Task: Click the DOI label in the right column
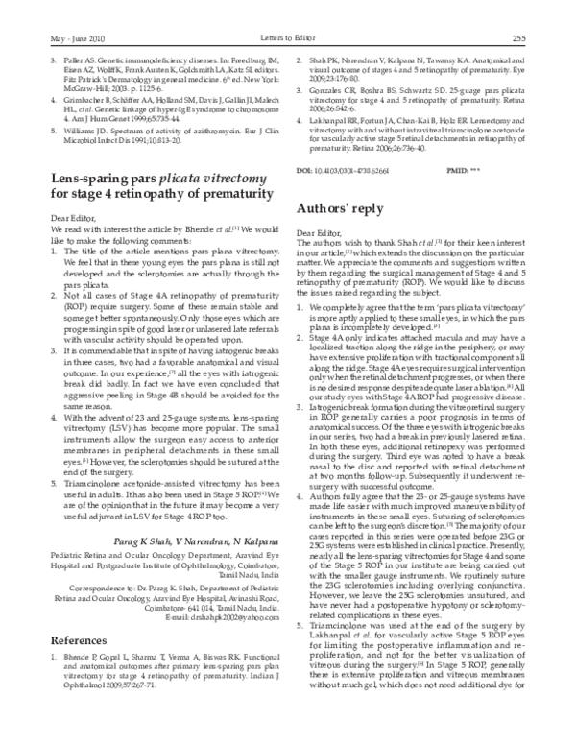[308, 168]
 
